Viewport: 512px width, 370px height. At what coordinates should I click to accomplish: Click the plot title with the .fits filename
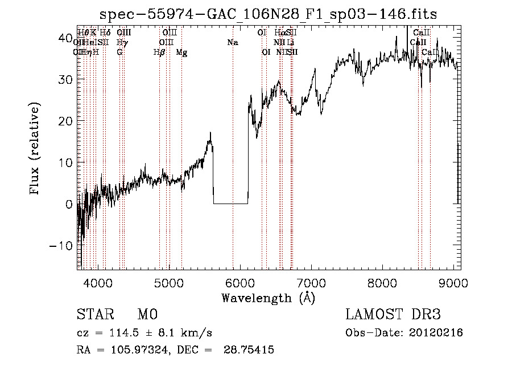pyautogui.click(x=268, y=14)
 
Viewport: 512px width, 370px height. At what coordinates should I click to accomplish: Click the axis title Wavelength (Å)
pyautogui.click(x=268, y=298)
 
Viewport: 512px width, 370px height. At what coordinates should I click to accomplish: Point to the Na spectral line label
pyautogui.click(x=233, y=42)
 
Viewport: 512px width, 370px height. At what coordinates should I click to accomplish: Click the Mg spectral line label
pyautogui.click(x=181, y=52)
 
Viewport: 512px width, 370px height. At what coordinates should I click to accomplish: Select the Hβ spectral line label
pyautogui.click(x=159, y=52)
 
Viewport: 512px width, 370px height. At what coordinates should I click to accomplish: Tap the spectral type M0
pyautogui.click(x=147, y=315)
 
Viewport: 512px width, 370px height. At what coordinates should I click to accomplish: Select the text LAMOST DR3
pyautogui.click(x=393, y=315)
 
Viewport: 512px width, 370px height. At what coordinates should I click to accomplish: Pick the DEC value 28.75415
pyautogui.click(x=251, y=350)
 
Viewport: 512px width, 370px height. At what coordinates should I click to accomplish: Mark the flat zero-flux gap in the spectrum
pyautogui.click(x=230, y=203)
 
